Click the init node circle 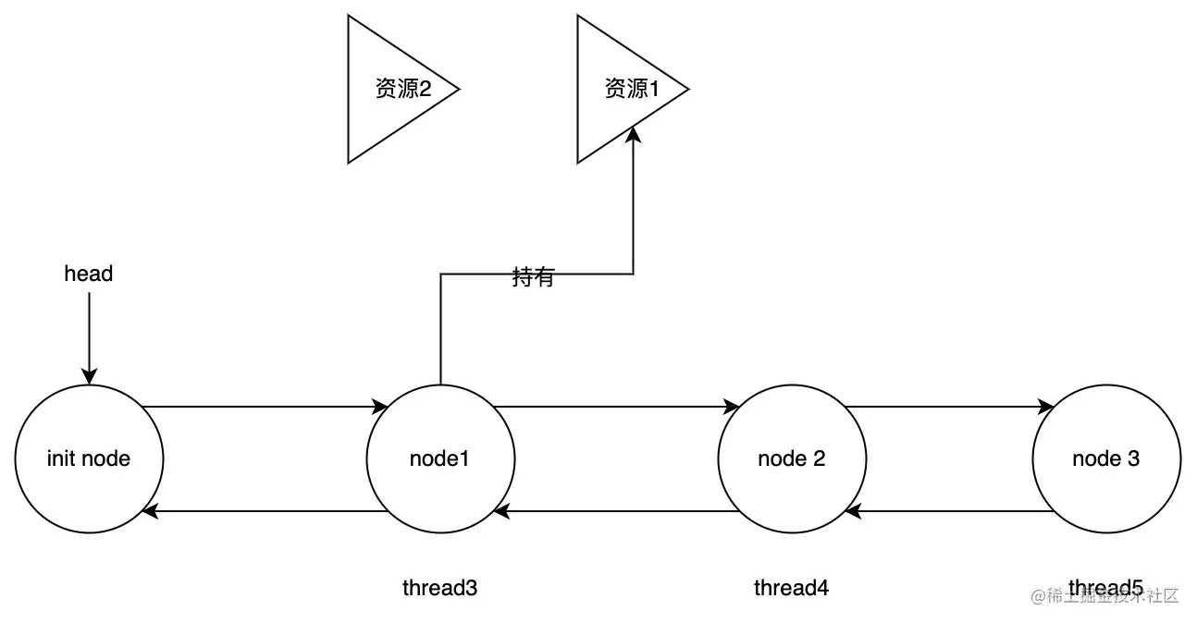(x=89, y=458)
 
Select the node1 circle (x=440, y=458)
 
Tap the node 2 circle (x=792, y=458)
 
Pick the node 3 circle (x=1105, y=458)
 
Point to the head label (x=89, y=274)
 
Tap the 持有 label (x=533, y=276)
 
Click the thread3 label (x=440, y=588)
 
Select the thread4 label (x=792, y=588)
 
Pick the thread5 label (x=1105, y=587)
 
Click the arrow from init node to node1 (x=264, y=406)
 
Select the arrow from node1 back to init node (x=264, y=511)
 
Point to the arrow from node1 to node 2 (x=615, y=406)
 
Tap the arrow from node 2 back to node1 (x=615, y=511)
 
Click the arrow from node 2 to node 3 (x=948, y=406)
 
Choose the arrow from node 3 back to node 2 (x=948, y=511)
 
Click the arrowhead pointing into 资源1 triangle (x=633, y=134)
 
